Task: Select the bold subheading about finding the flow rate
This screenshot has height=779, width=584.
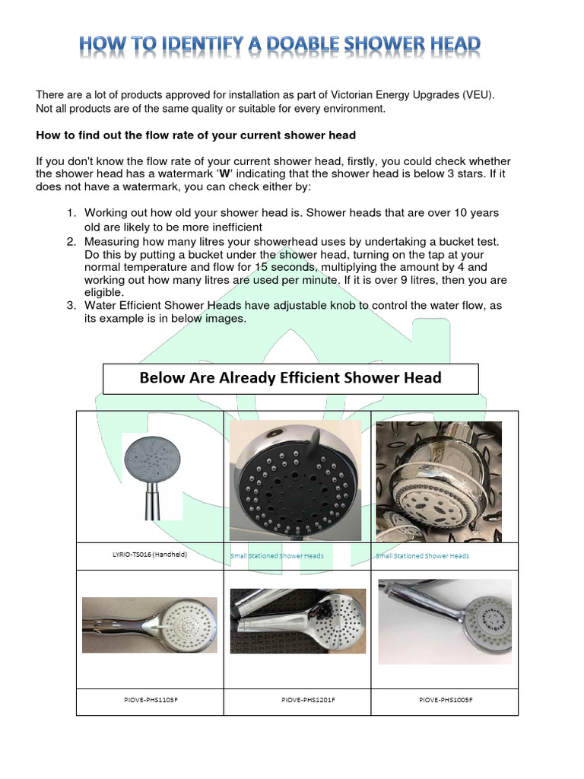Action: pyautogui.click(x=196, y=135)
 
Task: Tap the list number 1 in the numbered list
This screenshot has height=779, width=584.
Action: pyautogui.click(x=70, y=213)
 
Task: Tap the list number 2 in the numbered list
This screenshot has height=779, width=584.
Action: pyautogui.click(x=70, y=241)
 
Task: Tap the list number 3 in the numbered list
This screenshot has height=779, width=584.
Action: pyautogui.click(x=70, y=305)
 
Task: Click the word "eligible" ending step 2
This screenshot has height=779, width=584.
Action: pyautogui.click(x=103, y=292)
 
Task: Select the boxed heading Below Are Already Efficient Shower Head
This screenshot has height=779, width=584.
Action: pyautogui.click(x=290, y=378)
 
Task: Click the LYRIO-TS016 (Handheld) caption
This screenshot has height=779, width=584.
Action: pyautogui.click(x=149, y=555)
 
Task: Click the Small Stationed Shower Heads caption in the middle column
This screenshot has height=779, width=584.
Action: pyautogui.click(x=277, y=556)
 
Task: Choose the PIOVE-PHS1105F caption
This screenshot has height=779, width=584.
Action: pyautogui.click(x=151, y=699)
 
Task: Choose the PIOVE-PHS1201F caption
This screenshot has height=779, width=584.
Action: pyautogui.click(x=297, y=699)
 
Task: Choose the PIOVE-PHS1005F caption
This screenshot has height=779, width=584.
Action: pyautogui.click(x=446, y=699)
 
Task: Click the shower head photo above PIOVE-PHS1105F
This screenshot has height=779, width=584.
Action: pyautogui.click(x=150, y=625)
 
